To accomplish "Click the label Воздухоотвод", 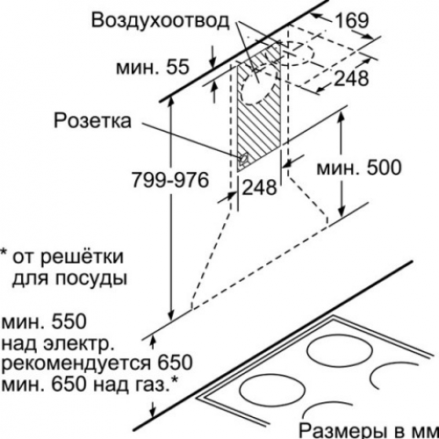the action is coord(160,20).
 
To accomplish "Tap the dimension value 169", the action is coord(351,20).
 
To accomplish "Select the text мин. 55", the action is coord(153,68).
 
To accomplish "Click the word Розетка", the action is coord(92,120).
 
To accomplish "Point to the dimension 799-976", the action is coord(170,180).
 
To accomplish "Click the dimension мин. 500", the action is coord(359,168).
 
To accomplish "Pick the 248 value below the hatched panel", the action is coord(260,187).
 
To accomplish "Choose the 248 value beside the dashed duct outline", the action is coord(351,78).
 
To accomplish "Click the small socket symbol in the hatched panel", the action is coord(243,159).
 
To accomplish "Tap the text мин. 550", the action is coord(45,322).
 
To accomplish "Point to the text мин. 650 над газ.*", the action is coord(90,385).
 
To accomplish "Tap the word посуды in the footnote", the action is coord(91,278).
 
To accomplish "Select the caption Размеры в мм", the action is coord(368,430).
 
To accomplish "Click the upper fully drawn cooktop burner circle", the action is coord(340,351).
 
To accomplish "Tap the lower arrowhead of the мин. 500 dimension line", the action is coord(342,212).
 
